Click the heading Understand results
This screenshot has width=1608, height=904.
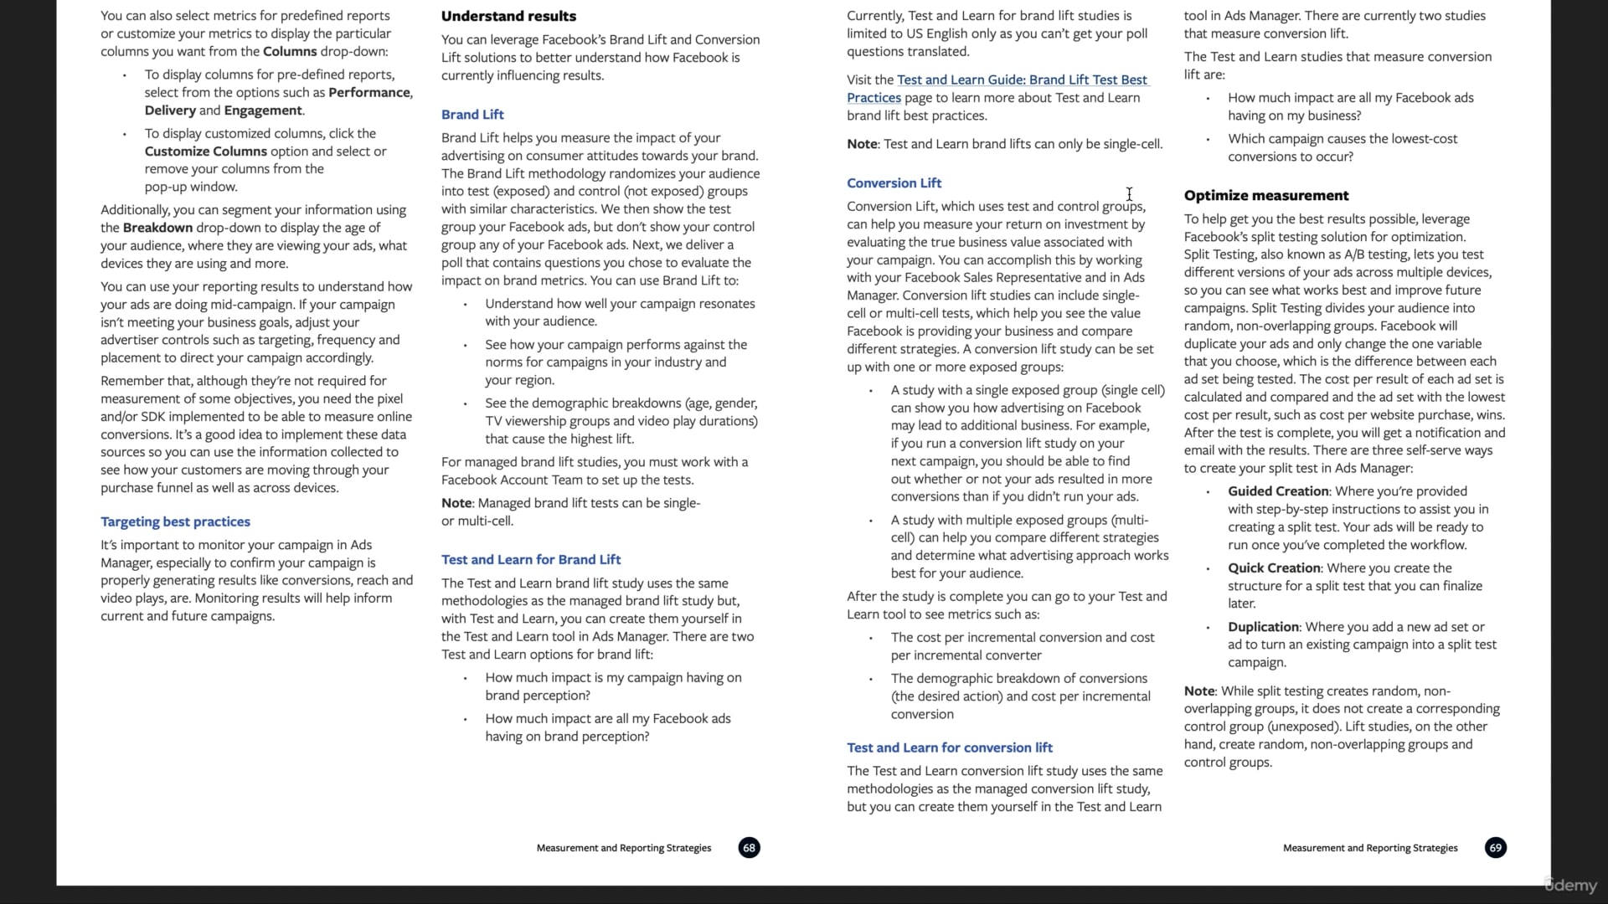coord(508,16)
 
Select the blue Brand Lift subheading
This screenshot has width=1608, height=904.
coord(472,115)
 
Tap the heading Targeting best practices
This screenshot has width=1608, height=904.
coord(175,521)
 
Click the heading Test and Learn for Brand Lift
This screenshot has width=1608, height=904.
coord(531,559)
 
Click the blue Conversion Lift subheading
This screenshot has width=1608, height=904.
coord(894,183)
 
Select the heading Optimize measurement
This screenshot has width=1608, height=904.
coord(1265,196)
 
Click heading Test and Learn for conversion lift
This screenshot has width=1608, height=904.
coord(949,747)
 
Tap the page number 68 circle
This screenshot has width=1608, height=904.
coord(749,848)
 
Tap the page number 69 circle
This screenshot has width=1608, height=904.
coord(1495,848)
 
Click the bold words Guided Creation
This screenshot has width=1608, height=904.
coord(1278,491)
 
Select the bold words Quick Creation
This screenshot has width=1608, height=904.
coord(1274,568)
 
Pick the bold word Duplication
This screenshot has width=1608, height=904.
coord(1263,627)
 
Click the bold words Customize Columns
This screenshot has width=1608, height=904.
coord(205,152)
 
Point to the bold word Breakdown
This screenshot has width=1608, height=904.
coord(157,228)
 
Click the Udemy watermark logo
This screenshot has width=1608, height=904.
coord(1571,886)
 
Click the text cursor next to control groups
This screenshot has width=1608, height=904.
coord(1129,194)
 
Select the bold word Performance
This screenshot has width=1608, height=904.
coord(369,93)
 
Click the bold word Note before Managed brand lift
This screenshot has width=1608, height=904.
coord(456,503)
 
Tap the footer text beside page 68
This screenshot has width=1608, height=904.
coord(623,848)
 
